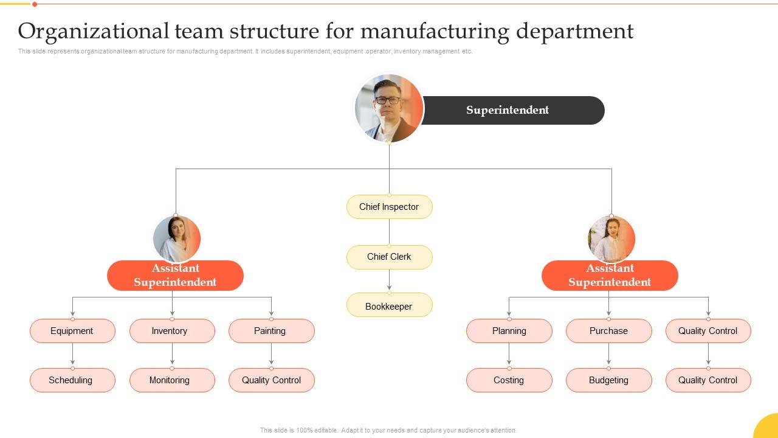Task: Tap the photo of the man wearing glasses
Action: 389,108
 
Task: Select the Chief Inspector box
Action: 389,207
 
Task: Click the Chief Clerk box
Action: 389,257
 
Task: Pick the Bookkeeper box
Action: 389,306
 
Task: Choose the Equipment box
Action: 72,331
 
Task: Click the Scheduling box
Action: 72,380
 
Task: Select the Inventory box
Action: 172,331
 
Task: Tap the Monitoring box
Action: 172,380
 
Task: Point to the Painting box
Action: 271,331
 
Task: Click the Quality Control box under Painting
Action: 271,380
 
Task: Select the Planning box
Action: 509,331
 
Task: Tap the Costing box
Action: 509,380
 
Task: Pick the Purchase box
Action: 608,331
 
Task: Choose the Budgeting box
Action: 608,380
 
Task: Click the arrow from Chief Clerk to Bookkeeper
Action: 389,280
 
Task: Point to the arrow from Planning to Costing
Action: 509,355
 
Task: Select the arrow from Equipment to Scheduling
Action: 72,355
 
